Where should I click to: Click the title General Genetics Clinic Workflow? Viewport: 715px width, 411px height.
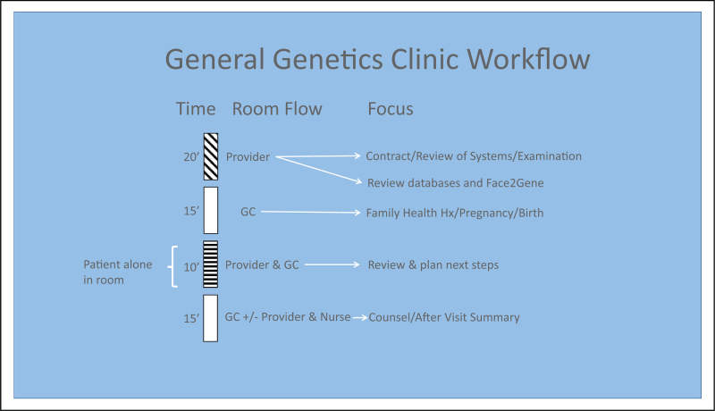click(x=377, y=60)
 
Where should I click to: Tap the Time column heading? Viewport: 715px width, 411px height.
click(x=196, y=109)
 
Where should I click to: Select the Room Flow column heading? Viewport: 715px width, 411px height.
click(x=277, y=109)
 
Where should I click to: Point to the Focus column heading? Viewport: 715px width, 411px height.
click(x=391, y=109)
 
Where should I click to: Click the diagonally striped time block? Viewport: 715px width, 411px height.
click(x=211, y=156)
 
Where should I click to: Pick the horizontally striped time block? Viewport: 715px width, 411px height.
click(x=211, y=264)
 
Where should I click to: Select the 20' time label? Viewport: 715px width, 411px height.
click(x=189, y=157)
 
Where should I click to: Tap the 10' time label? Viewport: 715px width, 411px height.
click(x=189, y=265)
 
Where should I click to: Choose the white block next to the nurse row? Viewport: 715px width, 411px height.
click(x=211, y=318)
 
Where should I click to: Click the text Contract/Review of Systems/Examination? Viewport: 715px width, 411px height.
click(x=474, y=156)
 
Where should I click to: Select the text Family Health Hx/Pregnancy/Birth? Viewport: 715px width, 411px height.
click(x=454, y=213)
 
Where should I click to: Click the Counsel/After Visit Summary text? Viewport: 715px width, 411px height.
click(x=444, y=317)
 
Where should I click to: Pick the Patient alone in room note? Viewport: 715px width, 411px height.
click(x=118, y=272)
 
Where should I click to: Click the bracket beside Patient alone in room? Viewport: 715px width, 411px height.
click(x=173, y=265)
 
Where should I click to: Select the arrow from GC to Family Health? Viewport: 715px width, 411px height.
click(x=309, y=212)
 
